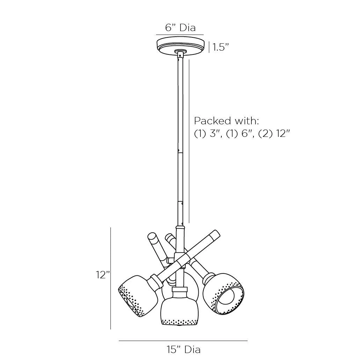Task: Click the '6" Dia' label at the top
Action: click(x=181, y=28)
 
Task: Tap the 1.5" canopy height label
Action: click(x=221, y=47)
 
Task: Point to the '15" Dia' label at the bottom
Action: click(x=184, y=350)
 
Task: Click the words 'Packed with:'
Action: click(x=227, y=121)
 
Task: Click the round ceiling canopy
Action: click(x=180, y=46)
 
